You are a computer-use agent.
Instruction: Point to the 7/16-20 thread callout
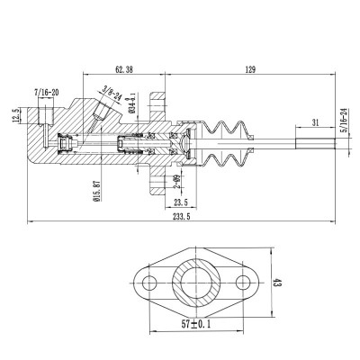pyautogui.click(x=46, y=93)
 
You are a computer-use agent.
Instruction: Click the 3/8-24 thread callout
pyautogui.click(x=112, y=91)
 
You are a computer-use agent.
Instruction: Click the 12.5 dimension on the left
pyautogui.click(x=15, y=118)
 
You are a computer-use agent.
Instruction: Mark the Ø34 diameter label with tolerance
pyautogui.click(x=131, y=98)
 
